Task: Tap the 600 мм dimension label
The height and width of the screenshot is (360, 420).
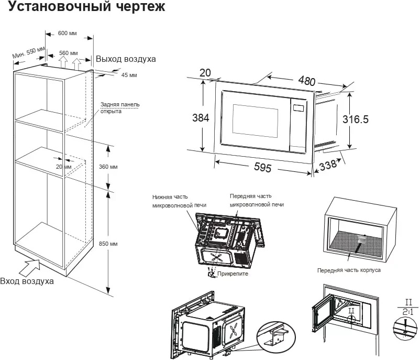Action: coord(68,34)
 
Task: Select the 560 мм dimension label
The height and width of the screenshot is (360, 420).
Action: coord(69,53)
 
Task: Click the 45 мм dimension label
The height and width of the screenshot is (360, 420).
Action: coord(129,75)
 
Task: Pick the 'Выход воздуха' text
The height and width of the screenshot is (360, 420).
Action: coord(126,59)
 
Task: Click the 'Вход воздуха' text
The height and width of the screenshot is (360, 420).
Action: coord(27,281)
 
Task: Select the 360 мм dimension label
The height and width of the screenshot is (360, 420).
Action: coord(108,167)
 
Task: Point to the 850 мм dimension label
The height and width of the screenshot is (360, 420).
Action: coord(108,244)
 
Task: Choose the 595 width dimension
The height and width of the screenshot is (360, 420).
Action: coord(262,168)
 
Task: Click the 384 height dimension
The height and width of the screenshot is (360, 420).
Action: coord(201,118)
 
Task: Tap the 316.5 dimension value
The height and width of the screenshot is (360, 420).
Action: coord(356,119)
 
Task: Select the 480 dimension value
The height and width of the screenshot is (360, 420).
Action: coord(306,81)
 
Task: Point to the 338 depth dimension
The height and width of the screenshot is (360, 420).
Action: coord(328,165)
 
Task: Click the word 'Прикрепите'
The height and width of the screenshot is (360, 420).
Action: coord(234,274)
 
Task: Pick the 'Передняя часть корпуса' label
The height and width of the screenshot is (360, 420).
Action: coord(349,270)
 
